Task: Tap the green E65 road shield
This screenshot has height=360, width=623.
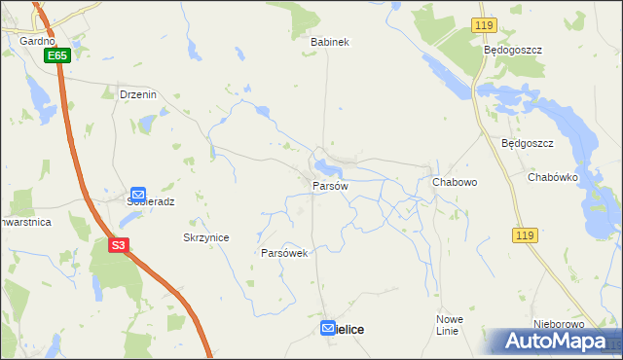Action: pos(57,56)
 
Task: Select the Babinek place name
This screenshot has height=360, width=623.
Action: pos(329,43)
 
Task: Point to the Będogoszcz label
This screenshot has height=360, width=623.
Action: pos(512,49)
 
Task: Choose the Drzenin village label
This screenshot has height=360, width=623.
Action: pos(137,94)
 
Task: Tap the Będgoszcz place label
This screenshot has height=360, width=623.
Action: pos(527,143)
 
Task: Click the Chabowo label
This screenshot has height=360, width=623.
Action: pos(453,181)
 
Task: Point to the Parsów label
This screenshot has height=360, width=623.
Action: pos(330,185)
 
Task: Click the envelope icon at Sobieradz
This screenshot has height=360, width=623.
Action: pos(138,195)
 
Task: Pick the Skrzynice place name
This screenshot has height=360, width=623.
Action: pos(205,237)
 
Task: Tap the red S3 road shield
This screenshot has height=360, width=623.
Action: pos(118,245)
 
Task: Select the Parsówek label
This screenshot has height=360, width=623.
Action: pos(284,253)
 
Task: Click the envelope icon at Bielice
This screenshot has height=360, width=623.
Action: pos(330,329)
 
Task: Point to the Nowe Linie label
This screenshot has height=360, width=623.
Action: pos(449,325)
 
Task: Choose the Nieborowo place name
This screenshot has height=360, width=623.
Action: pos(558,324)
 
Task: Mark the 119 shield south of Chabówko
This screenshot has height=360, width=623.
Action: pos(525,235)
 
